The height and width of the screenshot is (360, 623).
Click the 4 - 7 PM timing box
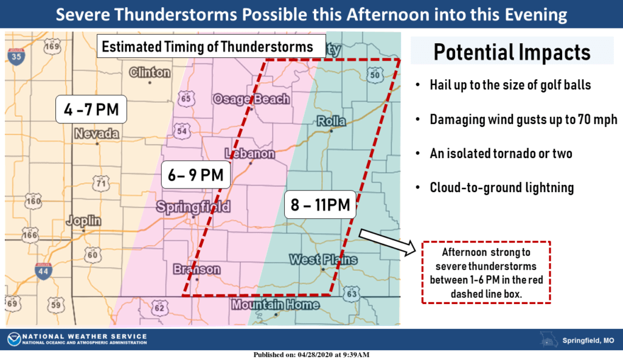(x=92, y=109)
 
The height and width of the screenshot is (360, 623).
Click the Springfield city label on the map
(x=193, y=207)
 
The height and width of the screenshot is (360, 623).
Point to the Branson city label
(x=197, y=269)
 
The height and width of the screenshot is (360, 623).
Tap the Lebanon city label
(x=249, y=154)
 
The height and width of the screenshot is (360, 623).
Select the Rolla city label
(x=332, y=122)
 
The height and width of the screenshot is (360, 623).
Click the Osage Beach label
(x=251, y=99)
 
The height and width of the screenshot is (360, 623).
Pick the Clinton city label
(x=150, y=73)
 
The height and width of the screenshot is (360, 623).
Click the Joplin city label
(x=84, y=221)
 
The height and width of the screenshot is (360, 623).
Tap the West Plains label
(x=323, y=260)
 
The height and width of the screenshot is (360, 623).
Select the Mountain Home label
(x=275, y=304)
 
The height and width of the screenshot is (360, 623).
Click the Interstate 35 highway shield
(x=17, y=56)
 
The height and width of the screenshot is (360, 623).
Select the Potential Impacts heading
(x=512, y=52)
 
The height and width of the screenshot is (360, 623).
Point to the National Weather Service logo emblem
(x=13, y=339)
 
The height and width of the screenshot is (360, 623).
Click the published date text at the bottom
(x=311, y=355)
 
